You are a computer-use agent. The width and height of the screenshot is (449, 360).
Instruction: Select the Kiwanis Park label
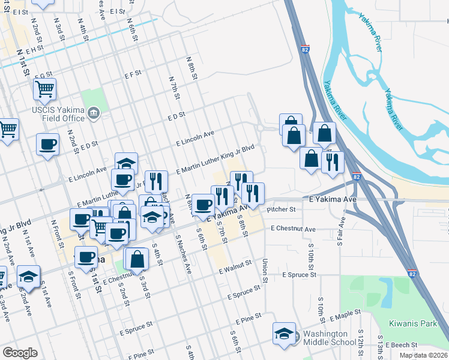tap(420, 324)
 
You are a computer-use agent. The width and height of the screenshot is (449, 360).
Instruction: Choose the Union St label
tap(264, 271)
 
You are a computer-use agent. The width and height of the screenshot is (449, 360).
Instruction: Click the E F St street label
tap(132, 74)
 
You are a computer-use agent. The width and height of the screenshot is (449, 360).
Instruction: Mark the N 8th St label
tap(192, 67)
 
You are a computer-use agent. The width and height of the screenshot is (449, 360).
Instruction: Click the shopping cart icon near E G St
tap(44, 89)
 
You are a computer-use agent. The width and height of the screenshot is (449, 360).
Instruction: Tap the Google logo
tap(20, 352)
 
